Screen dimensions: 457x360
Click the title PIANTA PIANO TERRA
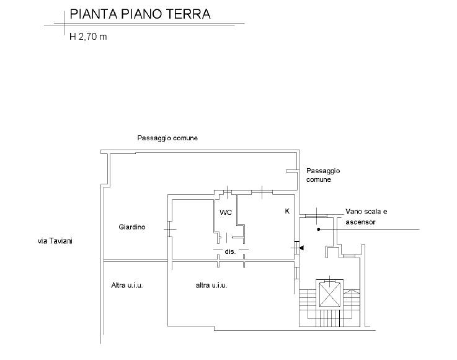coord(140,14)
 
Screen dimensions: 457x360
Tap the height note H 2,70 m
coord(88,37)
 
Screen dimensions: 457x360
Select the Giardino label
coord(131,227)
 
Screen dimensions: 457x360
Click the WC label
coord(226,212)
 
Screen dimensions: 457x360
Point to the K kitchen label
coord(287,211)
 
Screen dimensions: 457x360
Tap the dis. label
coord(230,251)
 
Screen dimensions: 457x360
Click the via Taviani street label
coord(55,241)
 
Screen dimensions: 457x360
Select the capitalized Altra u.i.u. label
coord(127,285)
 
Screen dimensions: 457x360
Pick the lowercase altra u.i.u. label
coord(211,285)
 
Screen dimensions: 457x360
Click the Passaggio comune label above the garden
coord(167,138)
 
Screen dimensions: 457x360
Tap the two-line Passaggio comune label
coord(323,175)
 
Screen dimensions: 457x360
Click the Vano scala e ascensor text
coord(366,217)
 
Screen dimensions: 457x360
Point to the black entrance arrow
coord(301,248)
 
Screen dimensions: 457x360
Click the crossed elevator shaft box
coord(330,293)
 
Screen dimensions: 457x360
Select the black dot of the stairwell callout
coord(319,229)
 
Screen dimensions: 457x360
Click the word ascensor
coord(360,222)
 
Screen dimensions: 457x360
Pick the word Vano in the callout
coord(353,211)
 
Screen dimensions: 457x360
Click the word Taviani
coord(61,241)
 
